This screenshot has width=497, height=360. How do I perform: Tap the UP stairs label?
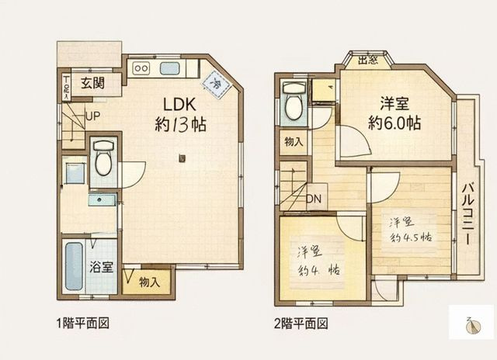pyautogui.click(x=92, y=116)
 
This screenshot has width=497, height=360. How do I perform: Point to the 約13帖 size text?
pyautogui.click(x=180, y=124)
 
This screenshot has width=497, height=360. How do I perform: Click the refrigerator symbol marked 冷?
pyautogui.click(x=215, y=82)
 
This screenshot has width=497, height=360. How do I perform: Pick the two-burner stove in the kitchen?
pyautogui.click(x=141, y=67)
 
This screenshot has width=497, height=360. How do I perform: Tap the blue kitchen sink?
pyautogui.click(x=170, y=67)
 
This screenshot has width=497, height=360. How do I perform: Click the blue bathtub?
pyautogui.click(x=74, y=267)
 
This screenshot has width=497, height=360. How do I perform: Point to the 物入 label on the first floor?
pyautogui.click(x=149, y=282)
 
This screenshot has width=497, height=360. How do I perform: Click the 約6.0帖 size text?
pyautogui.click(x=394, y=123)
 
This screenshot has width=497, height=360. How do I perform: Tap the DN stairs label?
pyautogui.click(x=313, y=199)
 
